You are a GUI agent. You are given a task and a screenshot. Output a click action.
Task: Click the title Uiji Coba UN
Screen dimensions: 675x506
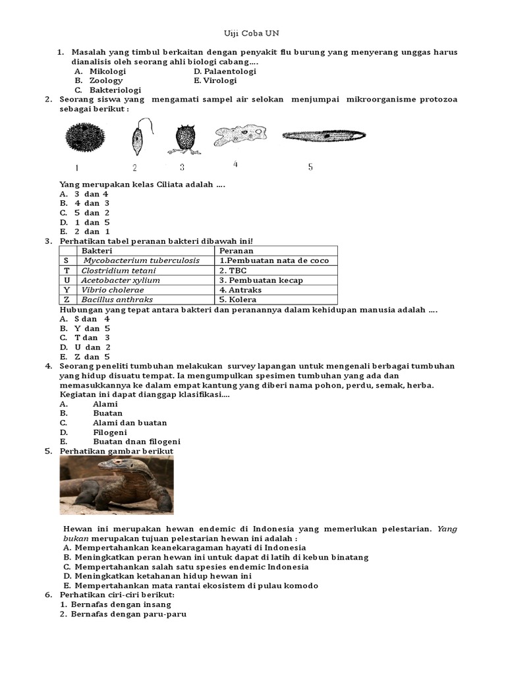click(254, 34)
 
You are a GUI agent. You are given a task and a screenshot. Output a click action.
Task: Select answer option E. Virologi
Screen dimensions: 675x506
click(215, 80)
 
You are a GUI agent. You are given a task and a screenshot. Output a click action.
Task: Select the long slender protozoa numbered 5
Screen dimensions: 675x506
click(324, 136)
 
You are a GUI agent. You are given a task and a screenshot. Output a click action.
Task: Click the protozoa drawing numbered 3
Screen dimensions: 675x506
click(186, 139)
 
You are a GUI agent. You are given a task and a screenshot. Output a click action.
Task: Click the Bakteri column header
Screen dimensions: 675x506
click(97, 251)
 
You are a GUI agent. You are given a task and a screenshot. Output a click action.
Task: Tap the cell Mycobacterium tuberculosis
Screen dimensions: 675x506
click(141, 260)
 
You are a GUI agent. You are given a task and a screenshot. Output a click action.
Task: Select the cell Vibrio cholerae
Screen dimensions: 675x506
click(113, 289)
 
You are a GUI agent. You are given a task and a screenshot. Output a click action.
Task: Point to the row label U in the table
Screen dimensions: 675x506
click(67, 280)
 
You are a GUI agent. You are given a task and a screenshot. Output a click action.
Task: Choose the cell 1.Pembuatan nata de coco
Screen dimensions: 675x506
click(273, 260)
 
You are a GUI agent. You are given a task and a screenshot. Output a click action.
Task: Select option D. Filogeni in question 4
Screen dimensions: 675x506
click(110, 432)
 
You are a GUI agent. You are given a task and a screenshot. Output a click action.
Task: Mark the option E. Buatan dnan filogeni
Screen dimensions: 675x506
click(136, 441)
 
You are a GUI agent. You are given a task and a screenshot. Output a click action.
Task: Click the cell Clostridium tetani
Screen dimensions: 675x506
click(119, 270)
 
